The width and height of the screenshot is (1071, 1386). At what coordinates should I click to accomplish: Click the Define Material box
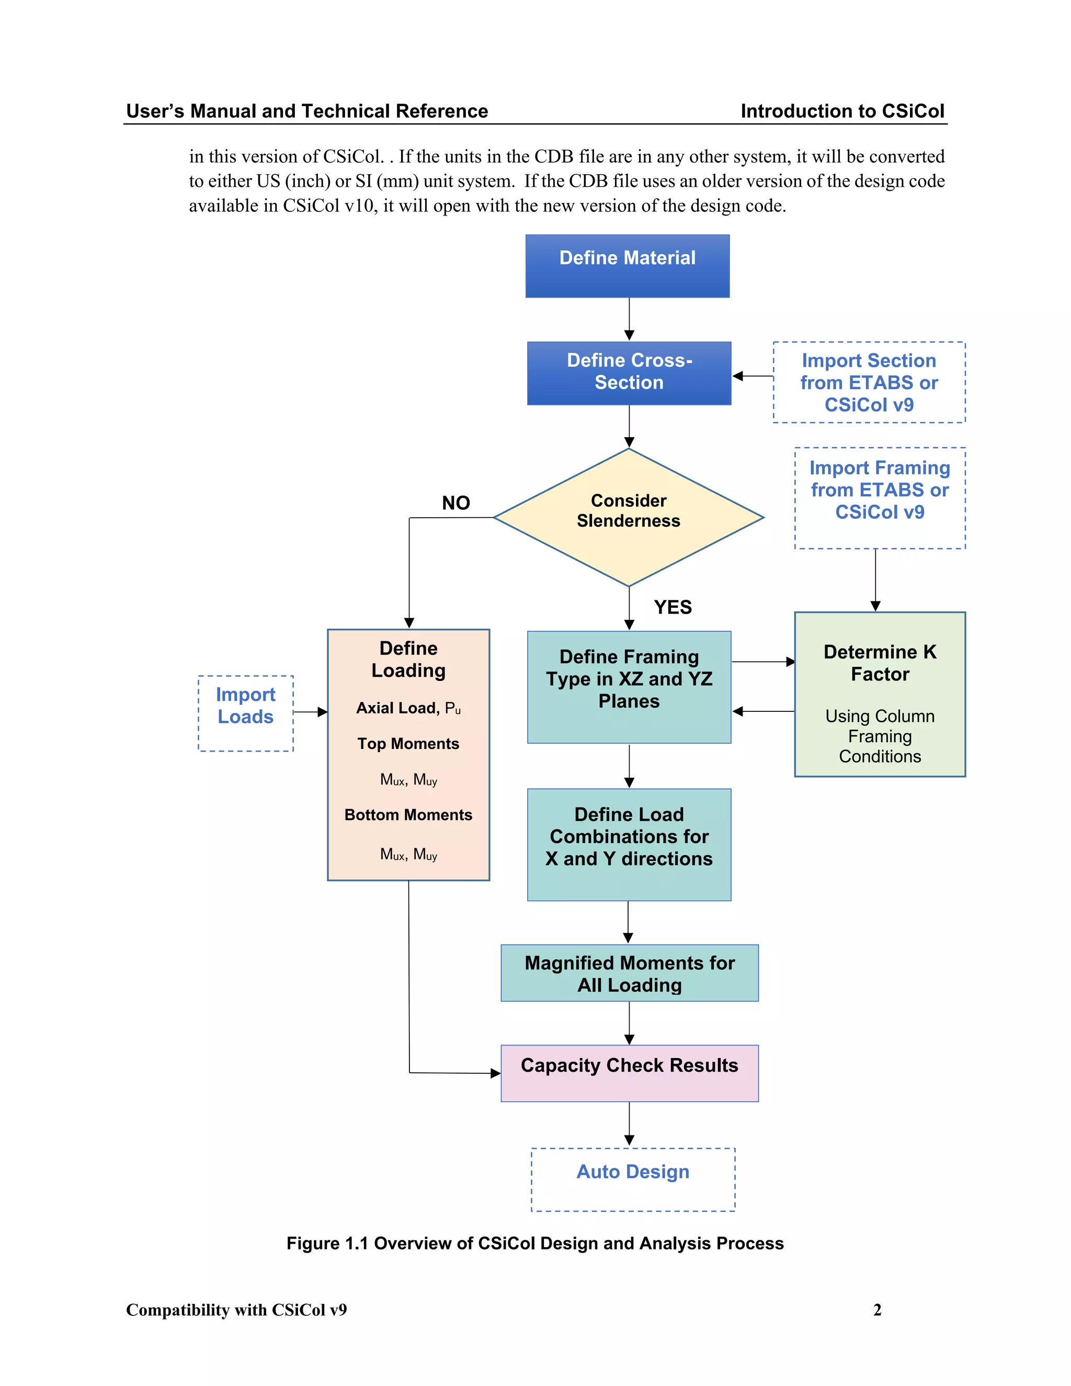[627, 266]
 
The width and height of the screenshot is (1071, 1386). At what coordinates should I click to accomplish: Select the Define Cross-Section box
[629, 373]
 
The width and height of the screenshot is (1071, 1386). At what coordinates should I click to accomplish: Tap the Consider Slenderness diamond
[628, 517]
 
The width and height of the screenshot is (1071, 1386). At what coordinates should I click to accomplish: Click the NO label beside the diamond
[455, 503]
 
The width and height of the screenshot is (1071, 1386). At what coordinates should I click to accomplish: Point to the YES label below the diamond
[673, 607]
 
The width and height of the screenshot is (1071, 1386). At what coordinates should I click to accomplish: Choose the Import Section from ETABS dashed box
[869, 383]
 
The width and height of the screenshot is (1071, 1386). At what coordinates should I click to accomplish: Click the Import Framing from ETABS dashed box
[880, 497]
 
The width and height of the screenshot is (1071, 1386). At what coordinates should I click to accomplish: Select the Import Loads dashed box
[246, 713]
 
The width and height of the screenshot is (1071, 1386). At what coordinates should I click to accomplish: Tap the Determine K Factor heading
[880, 663]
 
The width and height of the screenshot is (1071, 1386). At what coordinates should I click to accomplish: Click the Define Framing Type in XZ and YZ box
[629, 687]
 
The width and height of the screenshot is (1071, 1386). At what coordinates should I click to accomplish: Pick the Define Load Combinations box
[629, 844]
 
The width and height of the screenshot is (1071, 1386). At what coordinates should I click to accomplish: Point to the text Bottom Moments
[408, 815]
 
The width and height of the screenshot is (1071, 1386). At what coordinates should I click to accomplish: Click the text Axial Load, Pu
[408, 708]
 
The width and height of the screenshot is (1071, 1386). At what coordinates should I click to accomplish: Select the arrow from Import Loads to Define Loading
[310, 712]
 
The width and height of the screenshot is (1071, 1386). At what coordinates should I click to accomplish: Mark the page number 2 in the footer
[877, 1310]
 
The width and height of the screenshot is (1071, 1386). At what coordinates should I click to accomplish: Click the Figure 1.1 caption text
[535, 1243]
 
